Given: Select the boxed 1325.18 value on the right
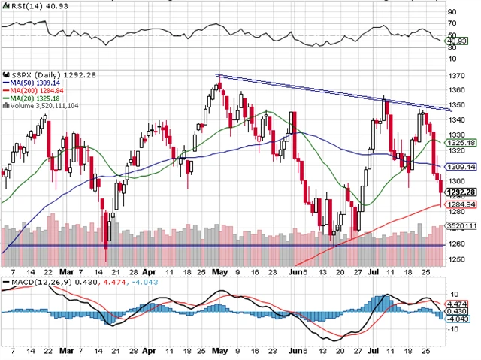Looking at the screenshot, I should coord(460,143).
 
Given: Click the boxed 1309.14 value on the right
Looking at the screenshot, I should coord(460,167).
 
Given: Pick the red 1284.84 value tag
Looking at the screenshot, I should coord(460,204).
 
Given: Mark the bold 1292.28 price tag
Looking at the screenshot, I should coord(460,192).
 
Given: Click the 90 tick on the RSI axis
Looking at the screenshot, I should coord(452,13).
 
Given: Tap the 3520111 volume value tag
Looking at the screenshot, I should coord(460,225).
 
